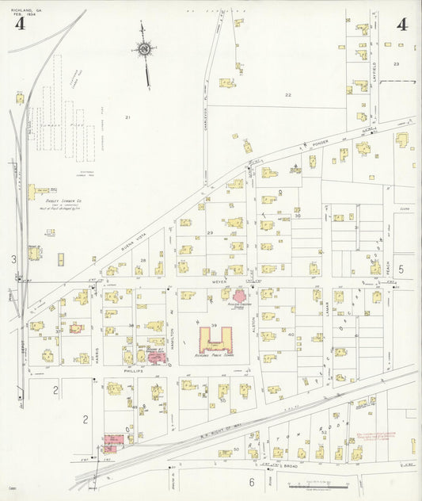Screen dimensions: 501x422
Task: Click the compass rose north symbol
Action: point(144,50)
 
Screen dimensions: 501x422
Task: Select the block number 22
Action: point(288,95)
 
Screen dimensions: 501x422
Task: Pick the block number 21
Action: point(127,117)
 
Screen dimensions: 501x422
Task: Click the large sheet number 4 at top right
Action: point(402,24)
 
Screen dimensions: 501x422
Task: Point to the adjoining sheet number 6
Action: point(251,481)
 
